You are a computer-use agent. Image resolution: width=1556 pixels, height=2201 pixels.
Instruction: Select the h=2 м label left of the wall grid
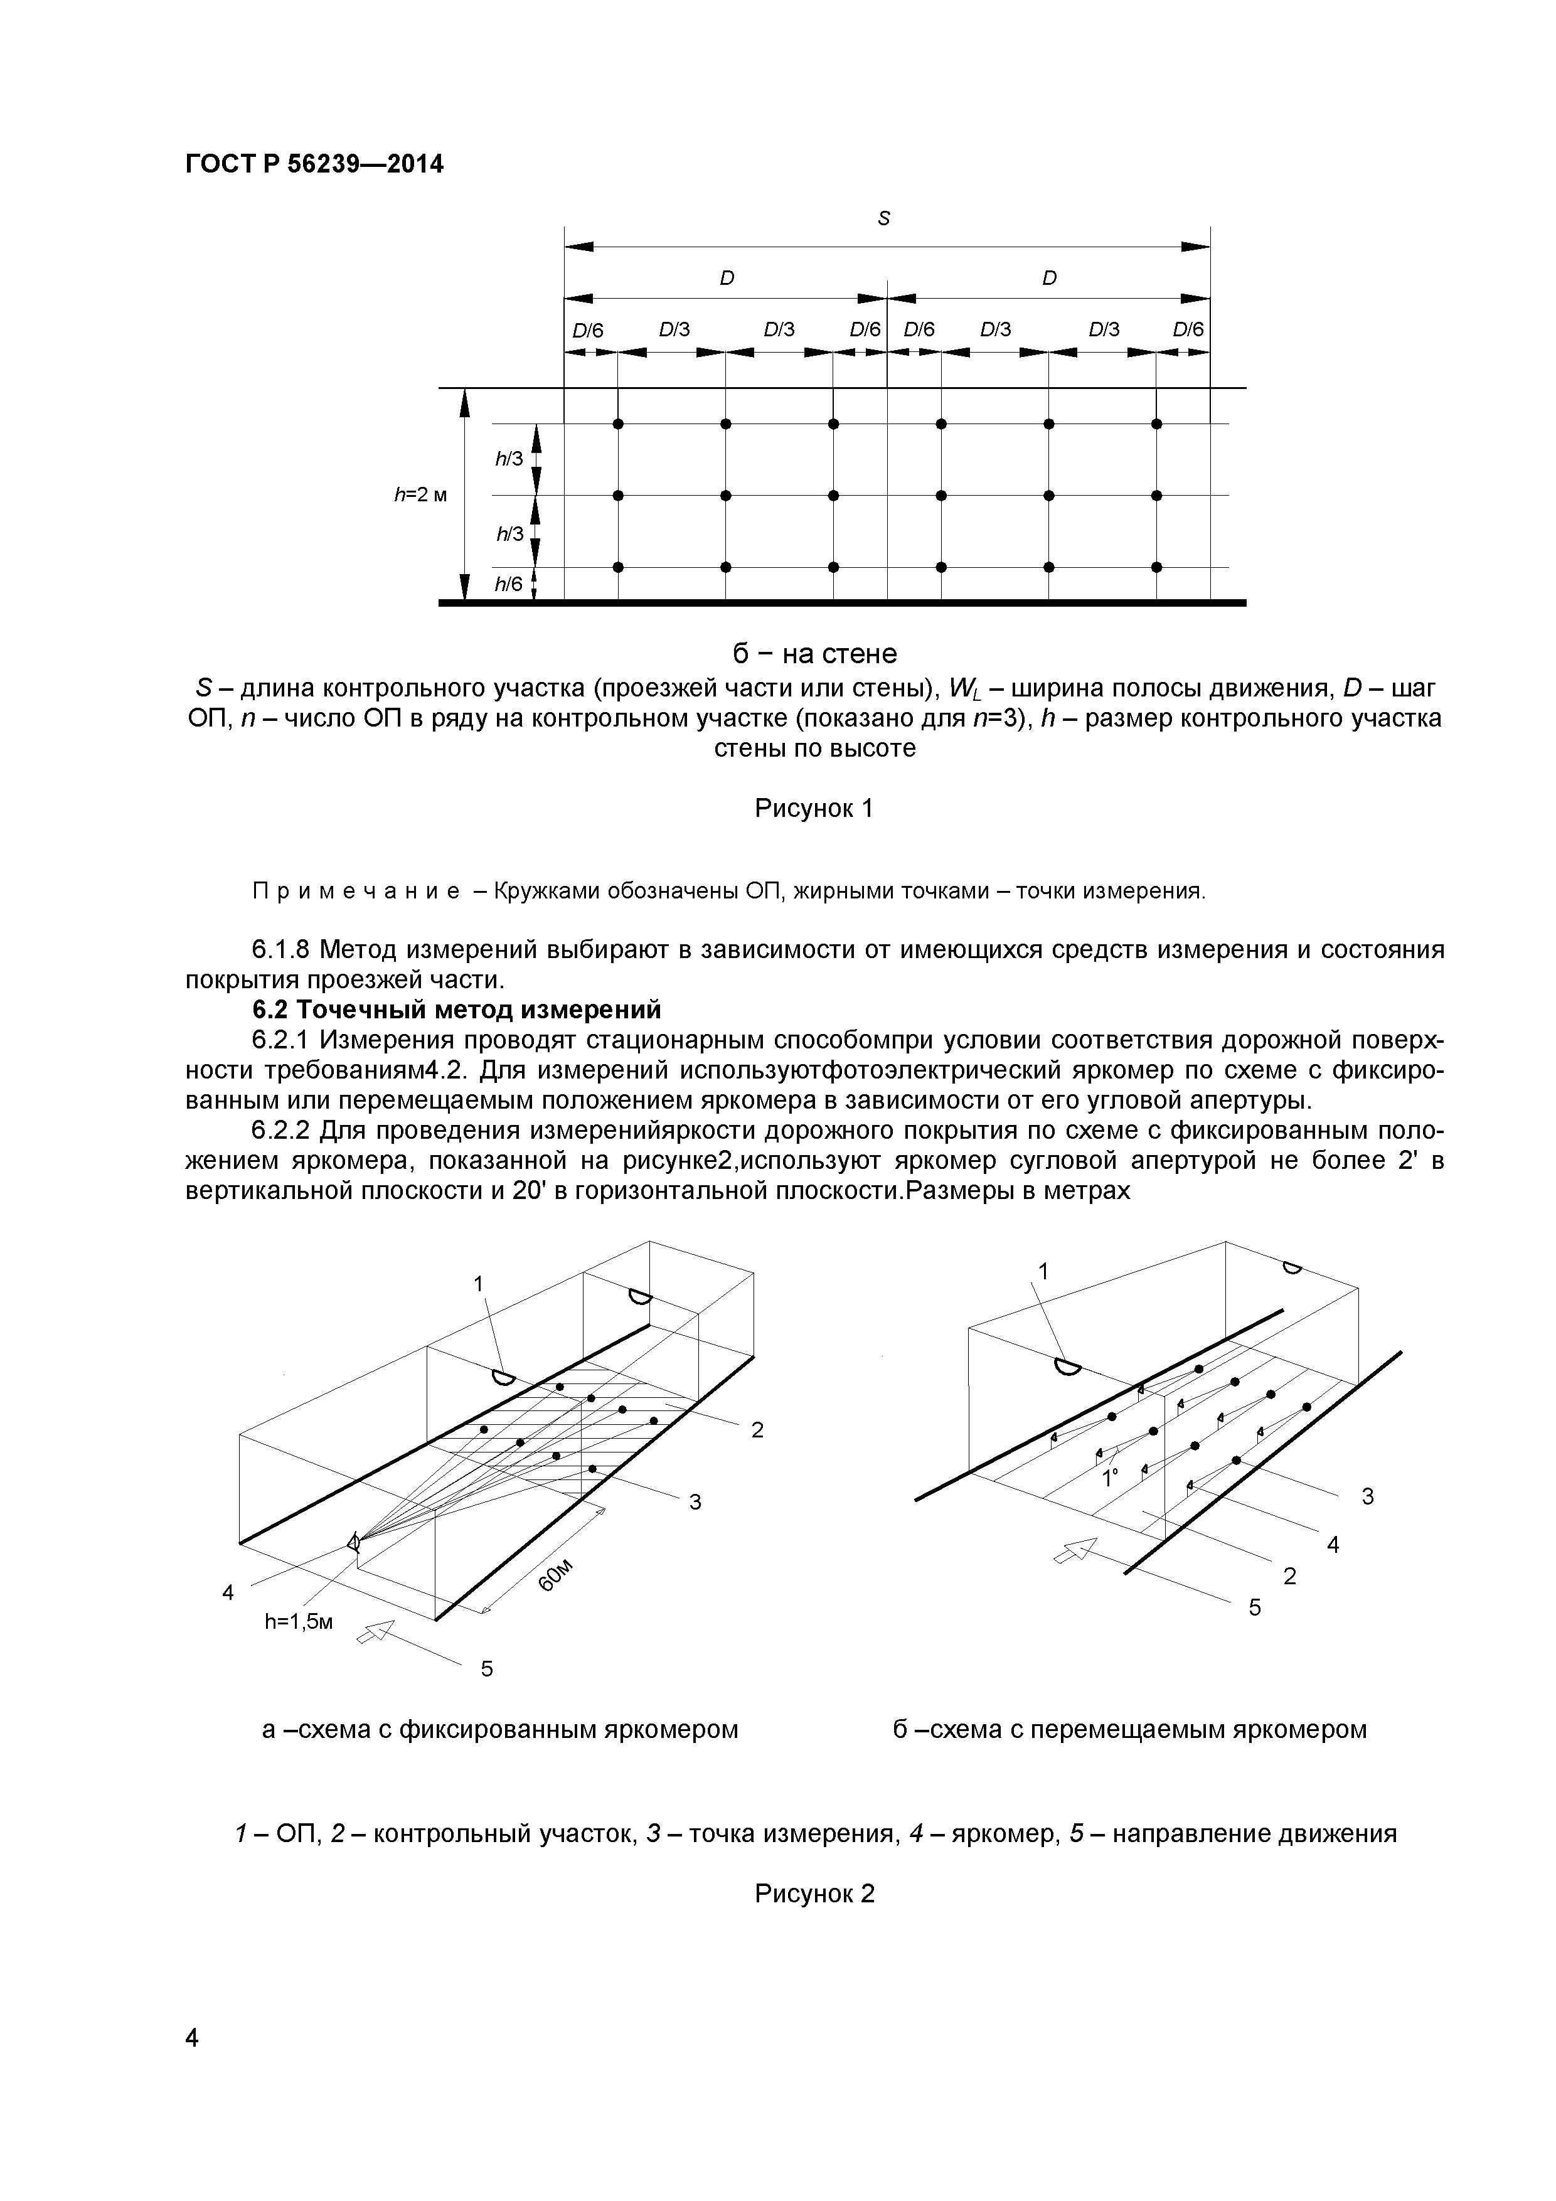pos(420,494)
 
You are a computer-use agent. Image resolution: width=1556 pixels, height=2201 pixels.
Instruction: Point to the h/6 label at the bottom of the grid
pos(509,584)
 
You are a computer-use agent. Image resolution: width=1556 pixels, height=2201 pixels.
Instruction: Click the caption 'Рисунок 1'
pos(814,808)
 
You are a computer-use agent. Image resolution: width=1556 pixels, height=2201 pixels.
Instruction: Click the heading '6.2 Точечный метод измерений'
pos(456,1010)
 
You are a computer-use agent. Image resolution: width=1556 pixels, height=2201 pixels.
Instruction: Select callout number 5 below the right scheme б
pos(1255,1607)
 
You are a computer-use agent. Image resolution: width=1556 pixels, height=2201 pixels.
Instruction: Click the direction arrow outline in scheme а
pos(376,1629)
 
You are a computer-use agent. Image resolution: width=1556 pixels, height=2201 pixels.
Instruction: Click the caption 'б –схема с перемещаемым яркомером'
pos(1129,1729)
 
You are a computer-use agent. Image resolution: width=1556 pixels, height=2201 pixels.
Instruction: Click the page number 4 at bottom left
pos(192,2065)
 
